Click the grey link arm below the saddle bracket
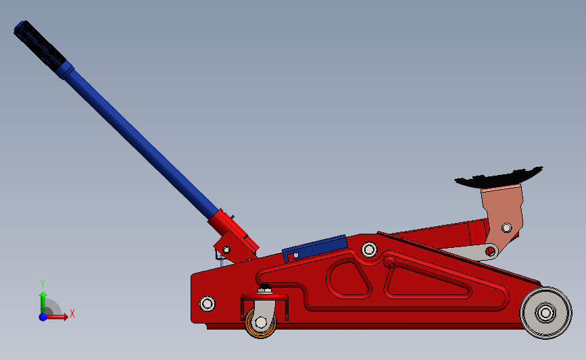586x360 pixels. click(473, 252)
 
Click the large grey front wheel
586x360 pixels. click(545, 313)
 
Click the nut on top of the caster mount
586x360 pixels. click(266, 291)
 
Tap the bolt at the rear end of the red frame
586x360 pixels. click(207, 303)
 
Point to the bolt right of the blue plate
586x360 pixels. click(369, 250)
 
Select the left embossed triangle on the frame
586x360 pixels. click(349, 277)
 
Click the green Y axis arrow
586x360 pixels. click(43, 301)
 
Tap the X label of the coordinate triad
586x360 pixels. click(72, 313)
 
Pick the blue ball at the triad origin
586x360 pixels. click(43, 316)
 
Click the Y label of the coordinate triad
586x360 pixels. click(42, 284)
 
